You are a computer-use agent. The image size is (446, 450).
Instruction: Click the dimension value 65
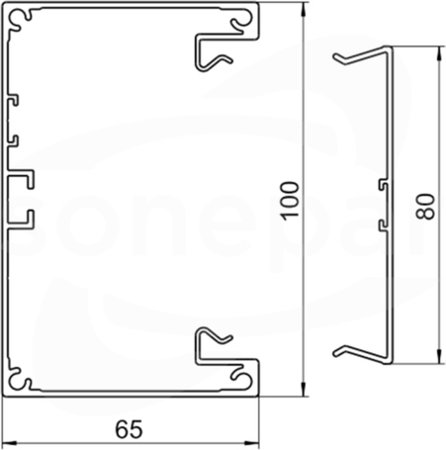129,429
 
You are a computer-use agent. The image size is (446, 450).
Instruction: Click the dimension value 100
291,200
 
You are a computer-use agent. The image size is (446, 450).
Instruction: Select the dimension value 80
425,207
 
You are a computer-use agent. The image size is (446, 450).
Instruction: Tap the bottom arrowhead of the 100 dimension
304,389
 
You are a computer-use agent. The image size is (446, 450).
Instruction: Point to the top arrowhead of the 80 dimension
439,53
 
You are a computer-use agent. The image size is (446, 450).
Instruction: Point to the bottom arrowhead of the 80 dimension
439,357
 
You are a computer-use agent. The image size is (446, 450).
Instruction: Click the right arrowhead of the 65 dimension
251,442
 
